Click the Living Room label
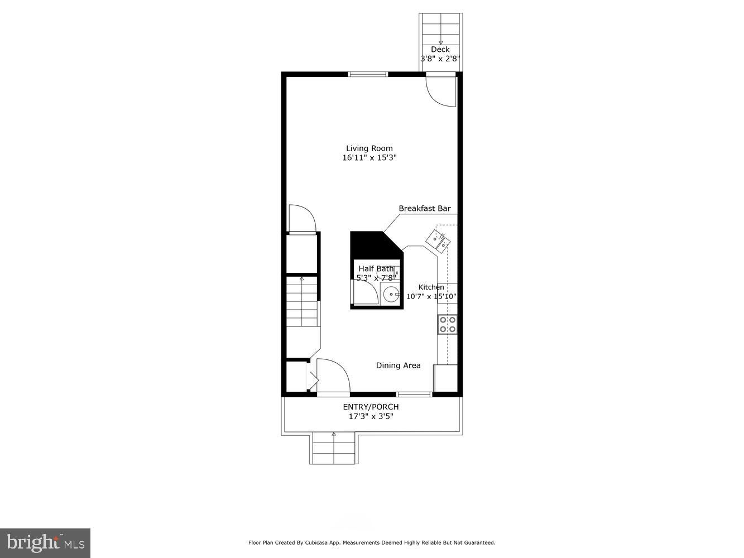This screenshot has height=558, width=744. coord(369,148)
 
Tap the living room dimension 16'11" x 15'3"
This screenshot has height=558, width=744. coord(369,158)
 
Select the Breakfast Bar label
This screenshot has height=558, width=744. coord(424,209)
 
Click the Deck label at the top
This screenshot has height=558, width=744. coord(440,50)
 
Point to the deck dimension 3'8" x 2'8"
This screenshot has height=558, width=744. coord(440,59)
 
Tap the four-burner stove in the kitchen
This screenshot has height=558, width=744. coord(447,324)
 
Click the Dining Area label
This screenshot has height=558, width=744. coord(398,365)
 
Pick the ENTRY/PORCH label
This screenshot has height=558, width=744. coord(371,407)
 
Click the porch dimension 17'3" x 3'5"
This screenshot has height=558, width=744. coord(371,416)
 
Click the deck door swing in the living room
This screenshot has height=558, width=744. coord(441,91)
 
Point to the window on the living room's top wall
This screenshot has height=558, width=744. coord(368,74)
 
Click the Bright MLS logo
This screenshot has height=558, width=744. coord(45,543)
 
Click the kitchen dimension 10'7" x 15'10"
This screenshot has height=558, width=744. coord(431,297)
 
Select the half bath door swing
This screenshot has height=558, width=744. coord(364,292)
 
